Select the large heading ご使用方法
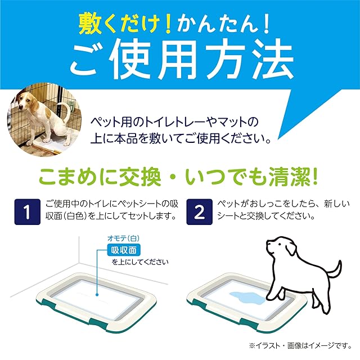click(182, 60)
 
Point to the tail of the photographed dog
click(65, 110)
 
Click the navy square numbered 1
click(28, 211)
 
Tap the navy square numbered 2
click(199, 211)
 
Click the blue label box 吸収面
click(124, 250)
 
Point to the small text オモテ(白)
click(123, 238)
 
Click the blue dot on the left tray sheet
click(97, 295)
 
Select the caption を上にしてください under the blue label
click(140, 262)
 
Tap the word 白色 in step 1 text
click(75, 216)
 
